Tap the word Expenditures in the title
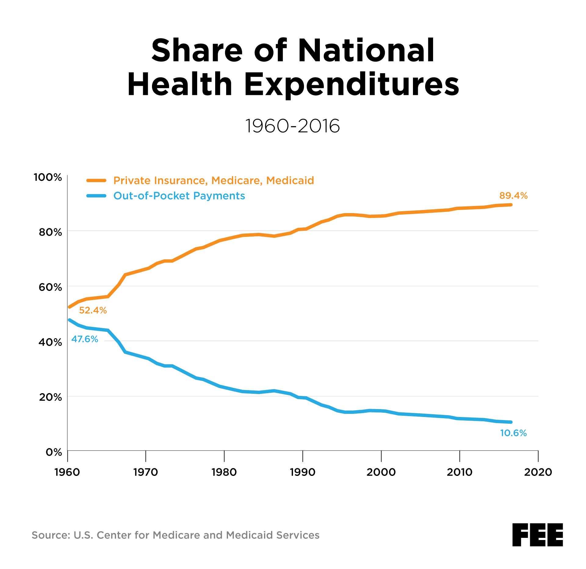point(351,85)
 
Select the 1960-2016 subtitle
point(292,126)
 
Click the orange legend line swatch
point(96,180)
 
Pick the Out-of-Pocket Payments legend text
point(179,196)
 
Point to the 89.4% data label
point(513,196)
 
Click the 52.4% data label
point(93,310)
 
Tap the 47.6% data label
point(85,339)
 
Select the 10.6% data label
point(513,433)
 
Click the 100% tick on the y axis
point(48,177)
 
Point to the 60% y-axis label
point(50,287)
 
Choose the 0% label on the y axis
point(54,452)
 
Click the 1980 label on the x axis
point(224,472)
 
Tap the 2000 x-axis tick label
point(381,472)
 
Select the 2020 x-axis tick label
point(538,472)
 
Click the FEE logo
point(537,535)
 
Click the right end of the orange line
point(511,205)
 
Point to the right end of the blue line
point(511,422)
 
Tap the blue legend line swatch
point(96,196)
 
